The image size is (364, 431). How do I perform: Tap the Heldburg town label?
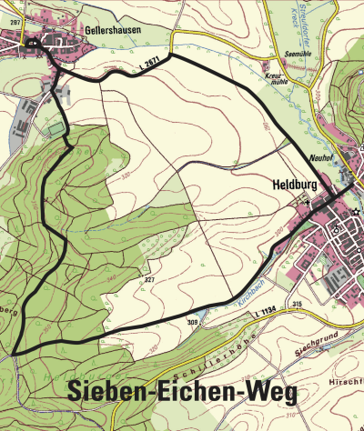click(x=293, y=183)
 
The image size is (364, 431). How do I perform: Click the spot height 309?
click(x=193, y=321)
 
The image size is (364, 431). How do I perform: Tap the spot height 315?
click(x=296, y=302)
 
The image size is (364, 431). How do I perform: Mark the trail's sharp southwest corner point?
click(x=15, y=351)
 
